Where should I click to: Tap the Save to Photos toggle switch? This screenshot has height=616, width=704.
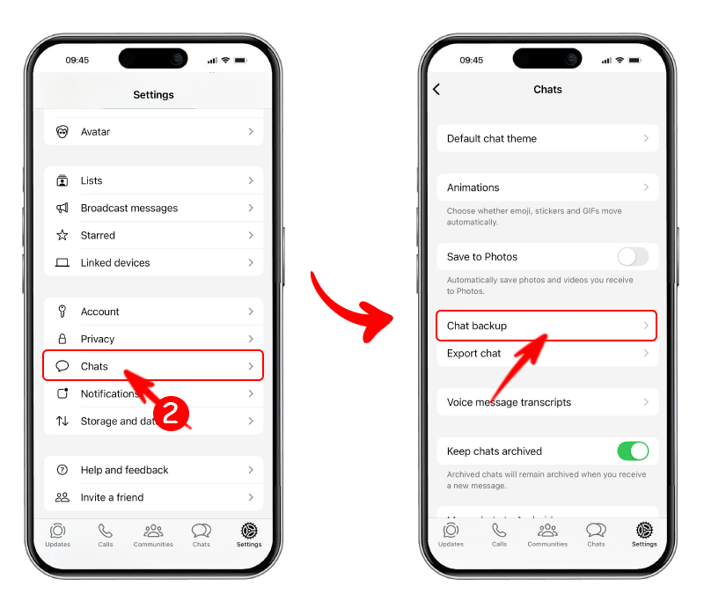[x=633, y=257]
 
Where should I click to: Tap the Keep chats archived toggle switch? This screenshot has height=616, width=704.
[x=633, y=451]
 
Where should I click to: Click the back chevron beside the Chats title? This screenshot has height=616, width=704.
[x=436, y=90]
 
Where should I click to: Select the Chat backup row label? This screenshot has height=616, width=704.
[x=477, y=326]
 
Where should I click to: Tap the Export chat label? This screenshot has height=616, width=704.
[x=473, y=354]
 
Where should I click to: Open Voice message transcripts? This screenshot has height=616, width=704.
[x=509, y=402]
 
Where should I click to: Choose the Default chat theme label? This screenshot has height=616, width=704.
[x=491, y=138]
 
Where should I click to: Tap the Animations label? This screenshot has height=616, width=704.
[x=473, y=187]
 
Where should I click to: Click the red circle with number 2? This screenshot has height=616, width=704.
[x=172, y=413]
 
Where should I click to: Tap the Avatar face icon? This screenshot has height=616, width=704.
[x=62, y=132]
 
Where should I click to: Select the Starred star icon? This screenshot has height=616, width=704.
[x=62, y=236]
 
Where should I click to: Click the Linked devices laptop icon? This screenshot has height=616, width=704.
[x=62, y=263]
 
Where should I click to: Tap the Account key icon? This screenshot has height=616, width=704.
[x=62, y=312]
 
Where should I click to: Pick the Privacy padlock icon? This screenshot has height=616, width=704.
[x=62, y=339]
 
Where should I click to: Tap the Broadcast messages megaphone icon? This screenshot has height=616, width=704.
[x=62, y=209]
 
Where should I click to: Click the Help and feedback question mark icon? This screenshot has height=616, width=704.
[x=62, y=470]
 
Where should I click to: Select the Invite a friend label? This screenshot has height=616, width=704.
[x=112, y=497]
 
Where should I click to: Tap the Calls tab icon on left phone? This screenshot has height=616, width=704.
[x=106, y=531]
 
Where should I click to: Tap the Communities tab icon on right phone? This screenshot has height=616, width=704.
[x=547, y=531]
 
